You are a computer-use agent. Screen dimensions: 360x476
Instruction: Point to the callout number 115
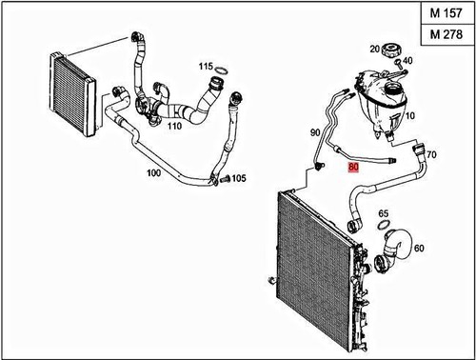point(206,67)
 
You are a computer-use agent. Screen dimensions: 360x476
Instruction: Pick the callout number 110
point(173,126)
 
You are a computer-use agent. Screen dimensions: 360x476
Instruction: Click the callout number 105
point(238,178)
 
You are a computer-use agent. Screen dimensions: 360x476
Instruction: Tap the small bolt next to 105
point(223,178)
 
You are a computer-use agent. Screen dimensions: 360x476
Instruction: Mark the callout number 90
point(315,133)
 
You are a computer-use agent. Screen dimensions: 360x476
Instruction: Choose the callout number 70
point(431,153)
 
